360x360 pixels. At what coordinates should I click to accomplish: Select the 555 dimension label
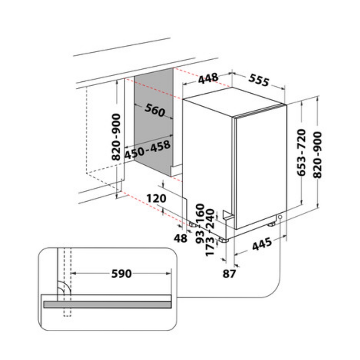pos(259,80)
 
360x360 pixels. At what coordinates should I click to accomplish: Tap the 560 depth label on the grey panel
pos(155,110)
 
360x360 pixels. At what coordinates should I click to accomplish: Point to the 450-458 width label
pos(147,149)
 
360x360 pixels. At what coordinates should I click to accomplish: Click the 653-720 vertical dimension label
pos(302,153)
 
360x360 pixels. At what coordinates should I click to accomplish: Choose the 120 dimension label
pos(156,198)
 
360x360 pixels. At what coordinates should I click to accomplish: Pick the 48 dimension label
pos(180,238)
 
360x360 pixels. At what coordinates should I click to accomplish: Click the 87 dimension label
pos(229,274)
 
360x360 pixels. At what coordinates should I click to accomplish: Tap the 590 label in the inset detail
pos(121,274)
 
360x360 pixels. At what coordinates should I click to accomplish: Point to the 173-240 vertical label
pos(210,232)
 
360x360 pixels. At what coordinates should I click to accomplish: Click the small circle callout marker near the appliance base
pos(280,217)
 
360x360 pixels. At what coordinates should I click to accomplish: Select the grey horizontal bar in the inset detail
pos(107,305)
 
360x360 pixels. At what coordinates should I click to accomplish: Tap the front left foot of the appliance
pos(222,240)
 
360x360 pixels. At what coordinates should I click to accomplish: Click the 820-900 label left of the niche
pos(116,137)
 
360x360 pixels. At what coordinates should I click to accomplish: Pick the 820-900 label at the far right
pos(318,155)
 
